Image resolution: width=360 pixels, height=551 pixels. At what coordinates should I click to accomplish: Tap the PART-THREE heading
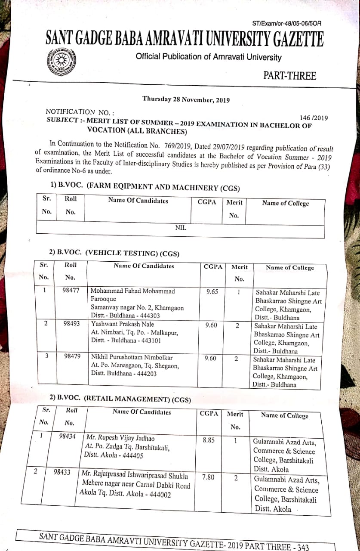pyautogui.click(x=289, y=76)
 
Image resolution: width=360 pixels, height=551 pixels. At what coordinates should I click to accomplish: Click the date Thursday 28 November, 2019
pyautogui.click(x=186, y=99)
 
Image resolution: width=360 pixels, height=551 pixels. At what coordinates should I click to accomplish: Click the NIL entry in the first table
pyautogui.click(x=181, y=228)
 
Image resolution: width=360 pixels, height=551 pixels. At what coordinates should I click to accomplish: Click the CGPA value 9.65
pyautogui.click(x=212, y=291)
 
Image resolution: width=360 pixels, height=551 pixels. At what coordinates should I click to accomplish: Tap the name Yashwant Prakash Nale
pyautogui.click(x=122, y=324)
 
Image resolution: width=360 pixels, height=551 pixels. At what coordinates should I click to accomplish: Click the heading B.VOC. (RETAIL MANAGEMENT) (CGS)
pyautogui.click(x=120, y=399)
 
